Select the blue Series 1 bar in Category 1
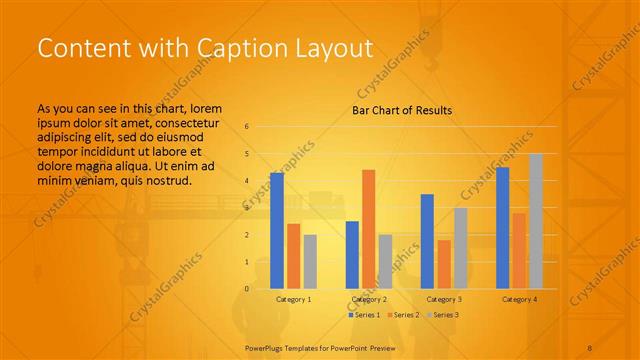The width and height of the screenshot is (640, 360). pyautogui.click(x=277, y=230)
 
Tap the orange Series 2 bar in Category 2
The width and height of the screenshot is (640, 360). pyautogui.click(x=368, y=229)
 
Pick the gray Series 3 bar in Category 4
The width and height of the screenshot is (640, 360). pyautogui.click(x=535, y=221)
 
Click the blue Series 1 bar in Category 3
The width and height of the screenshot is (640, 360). pyautogui.click(x=427, y=241)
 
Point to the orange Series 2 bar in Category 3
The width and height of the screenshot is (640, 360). pyautogui.click(x=443, y=264)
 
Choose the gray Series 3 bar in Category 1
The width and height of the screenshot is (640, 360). pyautogui.click(x=310, y=261)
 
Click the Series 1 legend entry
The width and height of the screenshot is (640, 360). pyautogui.click(x=364, y=315)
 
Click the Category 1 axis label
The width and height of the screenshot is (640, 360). pyautogui.click(x=293, y=299)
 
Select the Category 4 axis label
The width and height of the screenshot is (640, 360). pyautogui.click(x=519, y=299)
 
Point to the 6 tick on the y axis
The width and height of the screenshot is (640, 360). pyautogui.click(x=247, y=127)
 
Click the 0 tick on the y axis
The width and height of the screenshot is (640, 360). pyautogui.click(x=247, y=289)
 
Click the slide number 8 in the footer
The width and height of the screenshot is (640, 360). pyautogui.click(x=589, y=347)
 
